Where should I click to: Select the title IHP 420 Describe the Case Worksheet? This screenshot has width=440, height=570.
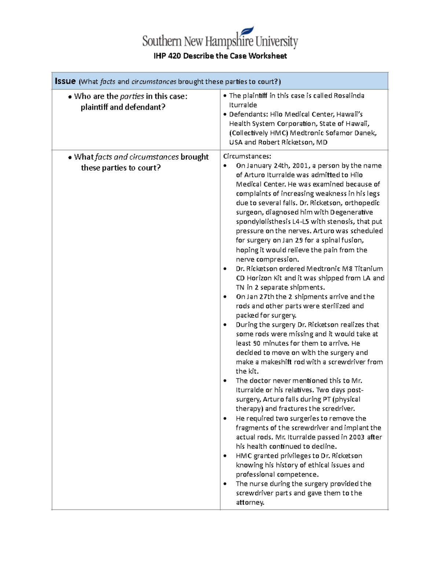[x=220, y=56]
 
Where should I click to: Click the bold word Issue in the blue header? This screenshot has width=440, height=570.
[x=65, y=81]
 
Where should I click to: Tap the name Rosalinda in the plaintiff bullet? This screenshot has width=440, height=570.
[x=349, y=96]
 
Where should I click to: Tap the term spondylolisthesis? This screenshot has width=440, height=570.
[x=258, y=222]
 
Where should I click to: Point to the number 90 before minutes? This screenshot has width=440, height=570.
[x=257, y=344]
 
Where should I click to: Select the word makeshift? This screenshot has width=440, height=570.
[x=276, y=362]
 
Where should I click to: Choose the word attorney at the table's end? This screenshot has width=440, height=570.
[x=250, y=502]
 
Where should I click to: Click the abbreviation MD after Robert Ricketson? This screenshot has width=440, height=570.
[x=322, y=142]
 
